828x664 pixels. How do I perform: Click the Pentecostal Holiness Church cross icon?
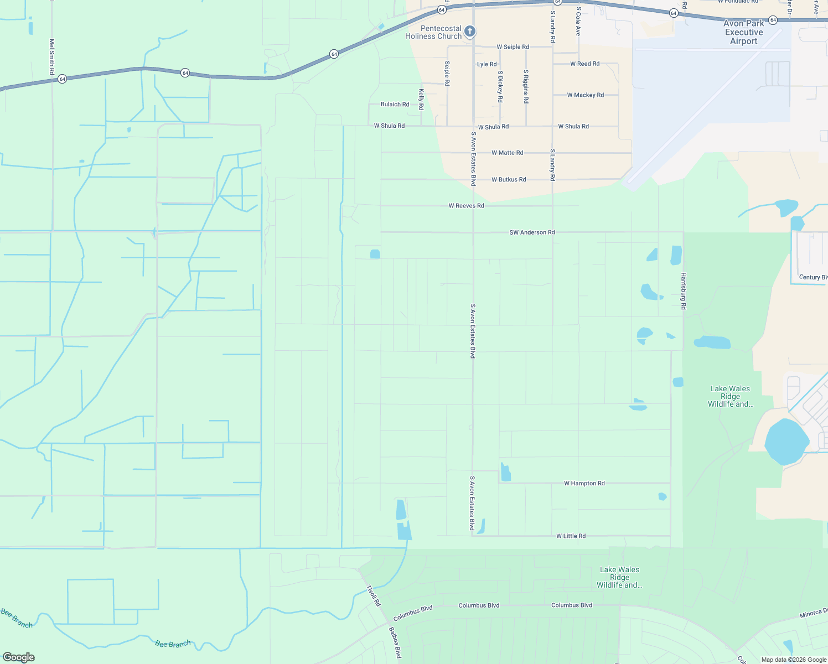[470, 31]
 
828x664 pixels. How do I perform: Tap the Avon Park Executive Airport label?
[743, 32]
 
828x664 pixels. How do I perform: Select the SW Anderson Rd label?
[532, 232]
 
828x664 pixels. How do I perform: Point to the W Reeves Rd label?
[466, 206]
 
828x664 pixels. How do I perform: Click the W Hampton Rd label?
[584, 484]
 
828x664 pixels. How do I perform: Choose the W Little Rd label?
[571, 536]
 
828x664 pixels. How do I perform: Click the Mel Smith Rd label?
[52, 56]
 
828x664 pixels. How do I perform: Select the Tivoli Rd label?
[374, 595]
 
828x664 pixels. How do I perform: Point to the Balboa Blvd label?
[394, 642]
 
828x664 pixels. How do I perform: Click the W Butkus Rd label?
[509, 180]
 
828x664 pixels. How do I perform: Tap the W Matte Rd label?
[507, 153]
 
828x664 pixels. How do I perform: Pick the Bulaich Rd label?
[395, 105]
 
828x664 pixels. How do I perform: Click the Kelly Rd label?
[421, 99]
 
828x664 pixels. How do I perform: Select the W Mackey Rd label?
[585, 95]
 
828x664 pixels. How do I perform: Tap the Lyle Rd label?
[487, 65]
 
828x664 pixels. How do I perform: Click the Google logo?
[18, 657]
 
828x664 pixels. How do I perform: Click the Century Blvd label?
[813, 277]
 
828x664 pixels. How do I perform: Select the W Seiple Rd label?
[513, 47]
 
